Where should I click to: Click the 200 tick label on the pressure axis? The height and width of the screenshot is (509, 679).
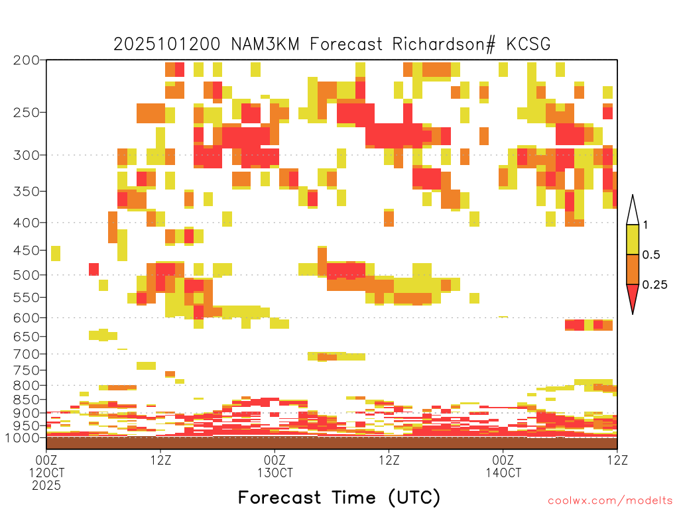pyautogui.click(x=27, y=60)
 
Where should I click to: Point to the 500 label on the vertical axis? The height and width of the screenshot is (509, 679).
pyautogui.click(x=27, y=275)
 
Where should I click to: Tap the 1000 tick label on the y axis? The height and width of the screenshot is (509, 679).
pyautogui.click(x=23, y=438)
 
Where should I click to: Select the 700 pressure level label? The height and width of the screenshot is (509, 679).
pyautogui.click(x=27, y=355)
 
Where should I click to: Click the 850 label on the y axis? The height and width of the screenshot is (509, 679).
pyautogui.click(x=27, y=400)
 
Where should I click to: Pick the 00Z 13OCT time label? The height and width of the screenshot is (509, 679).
pyautogui.click(x=275, y=466)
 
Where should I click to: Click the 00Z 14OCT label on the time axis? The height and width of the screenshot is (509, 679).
pyautogui.click(x=503, y=466)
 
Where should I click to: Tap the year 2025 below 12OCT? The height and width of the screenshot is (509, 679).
pyautogui.click(x=46, y=486)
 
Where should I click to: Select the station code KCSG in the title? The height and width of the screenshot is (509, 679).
pyautogui.click(x=528, y=44)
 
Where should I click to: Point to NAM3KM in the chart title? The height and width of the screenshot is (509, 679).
pyautogui.click(x=265, y=44)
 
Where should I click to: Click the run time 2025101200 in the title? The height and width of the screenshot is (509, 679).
pyautogui.click(x=166, y=44)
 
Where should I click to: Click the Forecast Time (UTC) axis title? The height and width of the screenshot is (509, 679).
pyautogui.click(x=339, y=498)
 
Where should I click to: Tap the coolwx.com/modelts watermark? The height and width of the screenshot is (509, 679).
pyautogui.click(x=610, y=501)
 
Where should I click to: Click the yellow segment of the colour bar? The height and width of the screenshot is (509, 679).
pyautogui.click(x=633, y=239)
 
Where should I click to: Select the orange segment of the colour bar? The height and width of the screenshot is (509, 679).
pyautogui.click(x=633, y=269)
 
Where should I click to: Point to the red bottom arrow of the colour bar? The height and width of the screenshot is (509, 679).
pyautogui.click(x=633, y=298)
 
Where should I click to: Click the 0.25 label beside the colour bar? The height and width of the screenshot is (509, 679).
pyautogui.click(x=654, y=285)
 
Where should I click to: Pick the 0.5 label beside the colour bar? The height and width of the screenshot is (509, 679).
pyautogui.click(x=651, y=255)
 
